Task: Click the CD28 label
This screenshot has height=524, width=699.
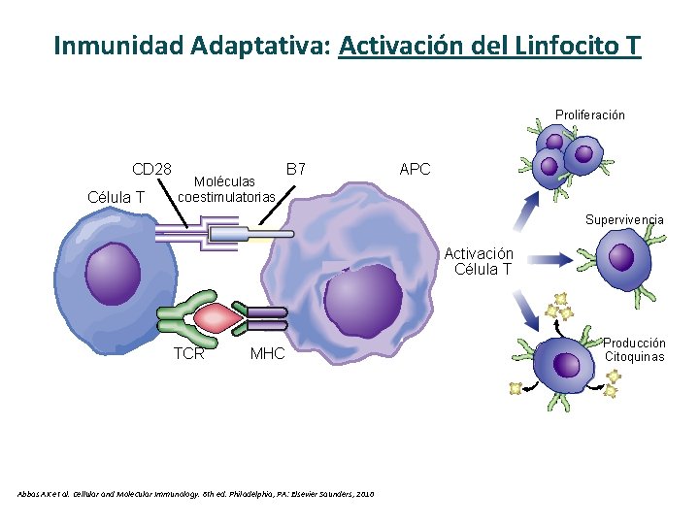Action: click(x=152, y=169)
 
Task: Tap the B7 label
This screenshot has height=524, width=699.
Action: click(x=296, y=169)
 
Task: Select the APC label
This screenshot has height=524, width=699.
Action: click(x=415, y=169)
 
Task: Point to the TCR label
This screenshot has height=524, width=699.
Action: click(x=188, y=353)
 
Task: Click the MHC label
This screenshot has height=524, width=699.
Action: click(x=267, y=353)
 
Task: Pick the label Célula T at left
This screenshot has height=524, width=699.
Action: click(x=116, y=197)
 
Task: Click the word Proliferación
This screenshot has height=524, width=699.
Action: click(x=590, y=115)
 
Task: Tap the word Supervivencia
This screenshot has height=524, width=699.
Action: click(x=624, y=219)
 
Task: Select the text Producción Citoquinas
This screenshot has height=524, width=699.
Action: click(x=635, y=349)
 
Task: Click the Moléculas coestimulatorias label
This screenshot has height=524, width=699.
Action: click(x=225, y=189)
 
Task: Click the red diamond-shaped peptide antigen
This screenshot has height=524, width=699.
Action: click(x=217, y=316)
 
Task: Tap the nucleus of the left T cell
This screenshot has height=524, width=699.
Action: click(x=115, y=268)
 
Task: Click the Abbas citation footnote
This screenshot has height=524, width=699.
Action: click(x=195, y=494)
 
